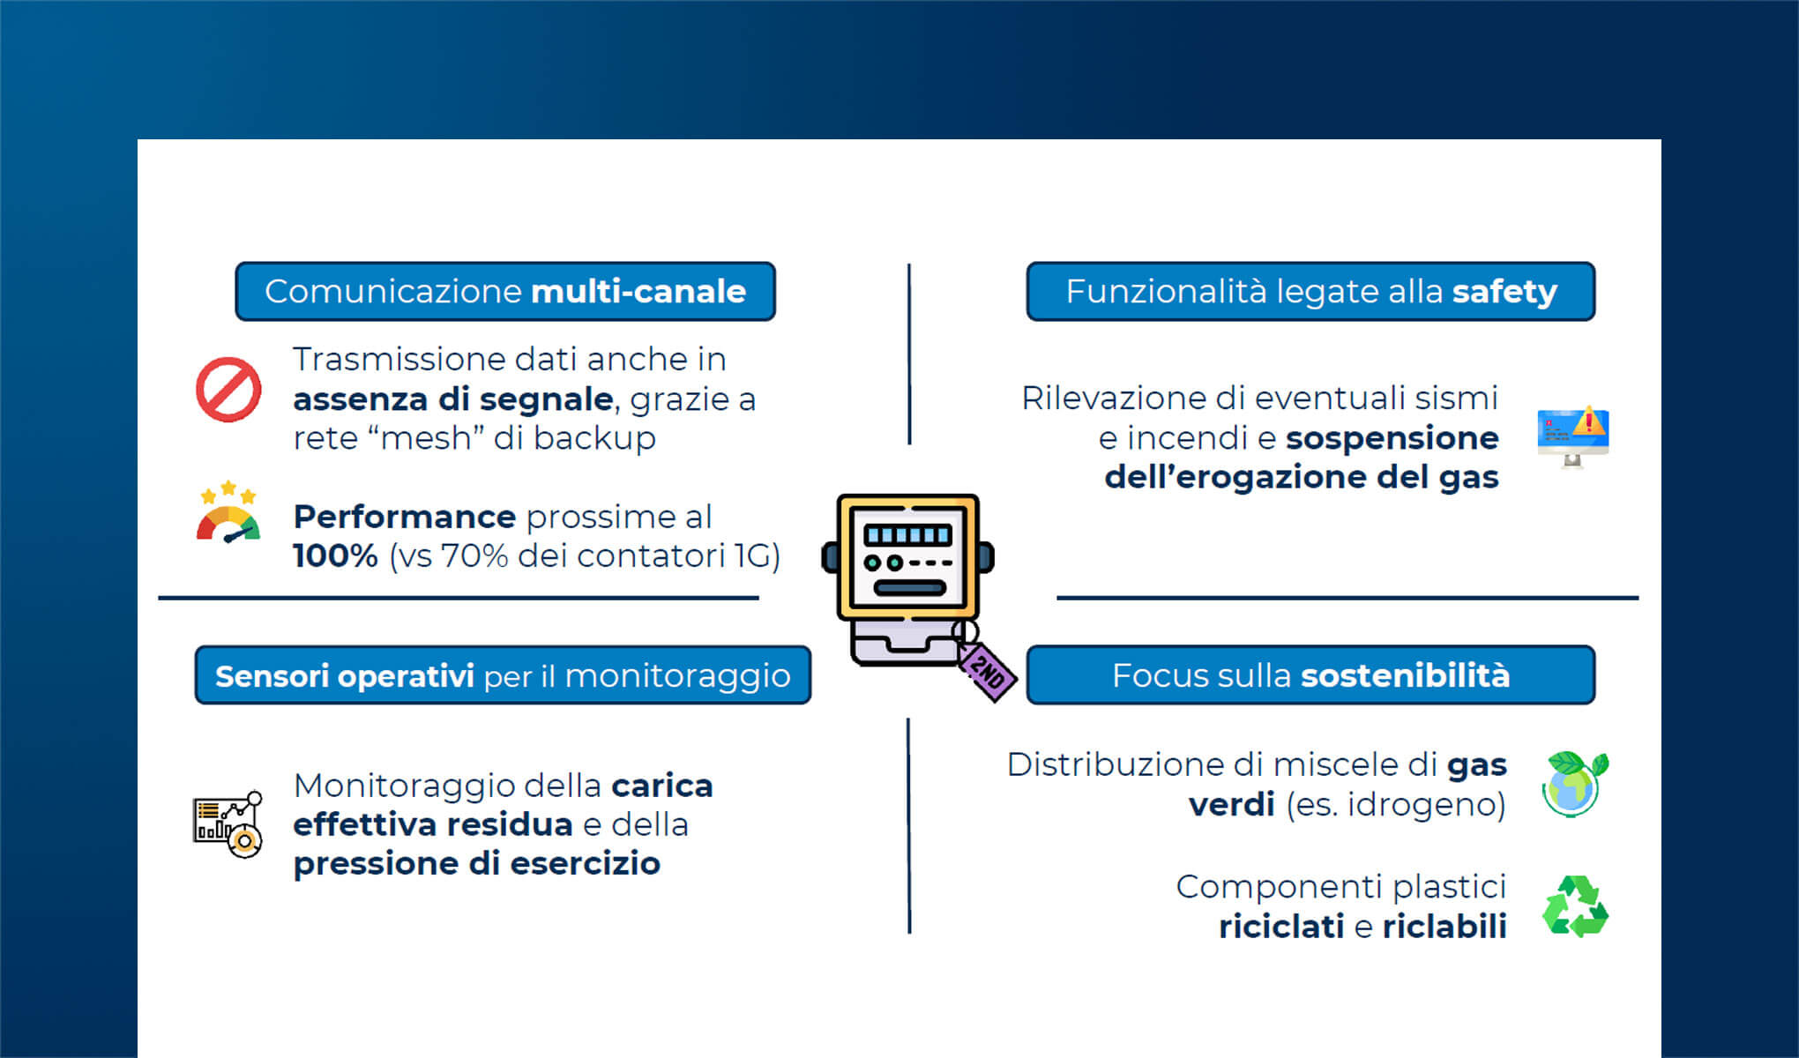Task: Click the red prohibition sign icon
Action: [x=228, y=390]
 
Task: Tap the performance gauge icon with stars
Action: [x=228, y=513]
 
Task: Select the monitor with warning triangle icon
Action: [x=1573, y=436]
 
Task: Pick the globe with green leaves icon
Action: [x=1574, y=783]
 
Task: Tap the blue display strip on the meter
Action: [x=907, y=534]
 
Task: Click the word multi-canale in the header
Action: [x=638, y=292]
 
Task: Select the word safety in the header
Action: [x=1504, y=292]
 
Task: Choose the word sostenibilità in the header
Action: [x=1406, y=675]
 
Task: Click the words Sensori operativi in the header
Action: [x=345, y=676]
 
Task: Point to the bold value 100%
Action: [x=335, y=556]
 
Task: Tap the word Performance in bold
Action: [x=404, y=517]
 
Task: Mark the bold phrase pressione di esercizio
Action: [x=476, y=864]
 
